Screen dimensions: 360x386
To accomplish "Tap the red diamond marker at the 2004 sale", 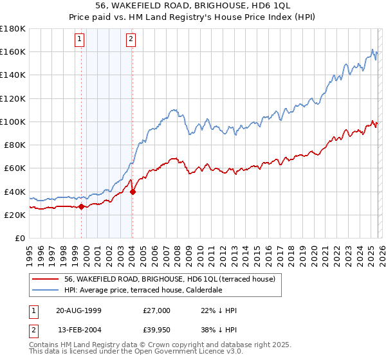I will [x=132, y=191].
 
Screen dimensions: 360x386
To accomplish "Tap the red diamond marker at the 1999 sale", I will [x=82, y=206].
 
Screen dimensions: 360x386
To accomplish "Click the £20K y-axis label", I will [x=14, y=215].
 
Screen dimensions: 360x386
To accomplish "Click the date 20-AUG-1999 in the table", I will [x=78, y=310].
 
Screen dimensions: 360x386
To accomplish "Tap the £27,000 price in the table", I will [x=158, y=310].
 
